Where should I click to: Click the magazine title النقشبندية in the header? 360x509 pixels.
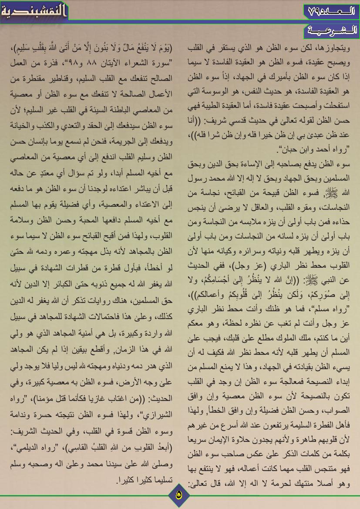coord(33,10)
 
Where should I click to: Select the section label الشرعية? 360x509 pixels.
coord(331,30)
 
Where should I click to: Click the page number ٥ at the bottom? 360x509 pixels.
coord(179,493)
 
